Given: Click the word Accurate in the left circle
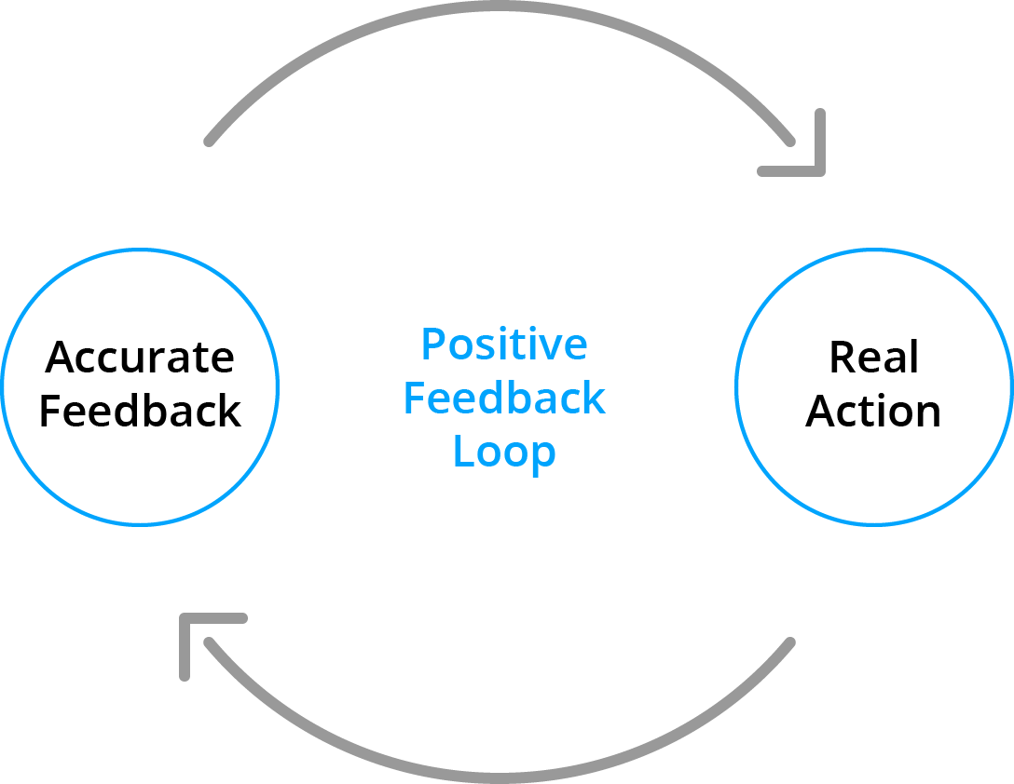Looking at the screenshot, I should [x=140, y=358].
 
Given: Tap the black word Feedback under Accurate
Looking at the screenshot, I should [x=140, y=412].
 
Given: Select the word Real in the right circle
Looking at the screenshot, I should [x=873, y=358].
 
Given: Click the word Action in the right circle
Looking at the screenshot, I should [x=873, y=412].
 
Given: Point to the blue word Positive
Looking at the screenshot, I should [x=504, y=345].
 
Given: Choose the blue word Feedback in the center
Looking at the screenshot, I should [x=504, y=399].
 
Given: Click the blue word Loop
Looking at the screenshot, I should [x=504, y=453].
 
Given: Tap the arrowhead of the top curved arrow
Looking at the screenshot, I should [x=809, y=158].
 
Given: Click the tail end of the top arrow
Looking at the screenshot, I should [x=210, y=142].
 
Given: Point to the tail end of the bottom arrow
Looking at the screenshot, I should [x=790, y=642].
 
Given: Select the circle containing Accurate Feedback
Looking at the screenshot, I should [x=140, y=279].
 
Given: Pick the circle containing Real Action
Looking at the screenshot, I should [x=873, y=279].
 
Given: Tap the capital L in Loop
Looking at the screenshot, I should [x=462, y=452].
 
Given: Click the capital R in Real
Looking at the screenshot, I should [x=841, y=358].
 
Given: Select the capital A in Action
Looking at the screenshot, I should [x=821, y=412].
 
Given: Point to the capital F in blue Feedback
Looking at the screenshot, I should [x=414, y=399].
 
